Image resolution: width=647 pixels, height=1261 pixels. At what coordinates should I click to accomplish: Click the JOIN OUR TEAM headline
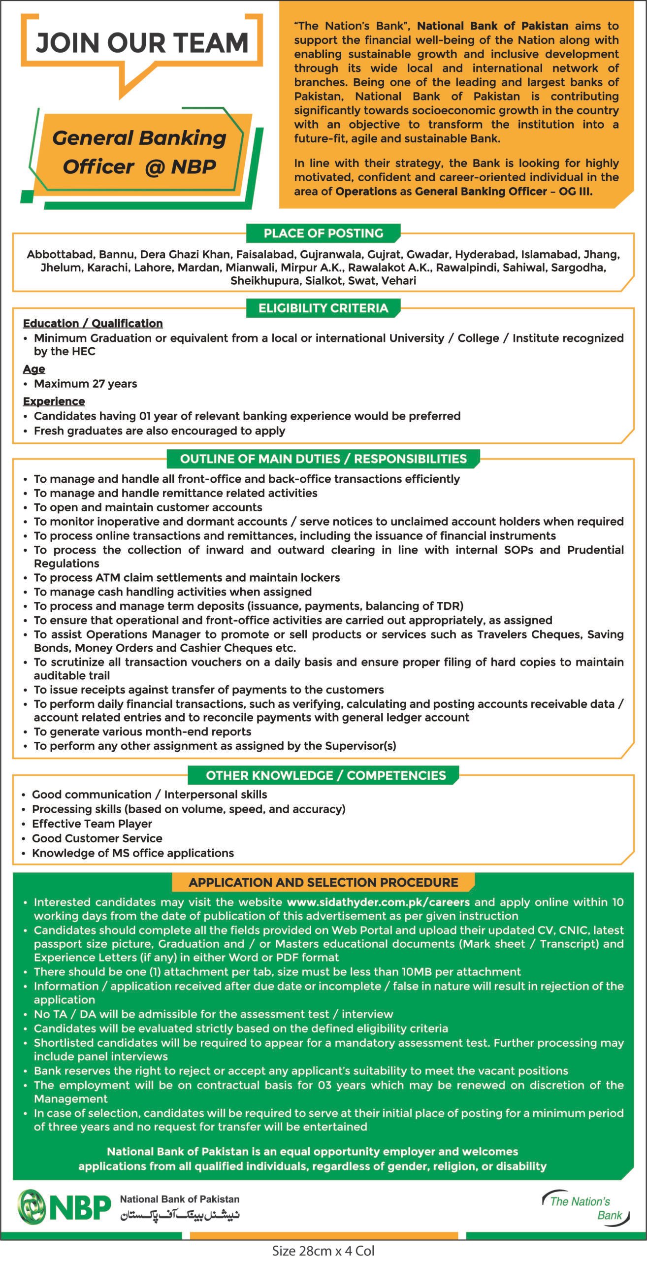click(142, 43)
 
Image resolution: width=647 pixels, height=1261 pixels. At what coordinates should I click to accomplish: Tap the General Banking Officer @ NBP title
click(139, 152)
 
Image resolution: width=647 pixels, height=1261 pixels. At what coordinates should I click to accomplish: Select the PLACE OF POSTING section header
click(323, 233)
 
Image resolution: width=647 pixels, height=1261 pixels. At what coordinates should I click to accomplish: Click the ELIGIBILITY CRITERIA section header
click(323, 308)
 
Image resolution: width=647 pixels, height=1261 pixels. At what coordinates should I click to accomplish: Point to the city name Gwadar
click(428, 255)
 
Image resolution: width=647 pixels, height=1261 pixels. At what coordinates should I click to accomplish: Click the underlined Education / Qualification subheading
click(93, 323)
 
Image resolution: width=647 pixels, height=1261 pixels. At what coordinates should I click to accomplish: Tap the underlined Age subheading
click(34, 369)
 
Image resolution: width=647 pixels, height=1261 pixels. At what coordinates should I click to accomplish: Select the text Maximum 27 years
click(85, 384)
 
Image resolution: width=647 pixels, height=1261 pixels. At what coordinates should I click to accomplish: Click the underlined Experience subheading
click(54, 401)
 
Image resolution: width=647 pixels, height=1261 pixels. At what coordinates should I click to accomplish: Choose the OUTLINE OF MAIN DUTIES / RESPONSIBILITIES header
click(323, 459)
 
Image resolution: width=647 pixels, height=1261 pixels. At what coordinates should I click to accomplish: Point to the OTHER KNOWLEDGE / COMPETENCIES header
click(325, 775)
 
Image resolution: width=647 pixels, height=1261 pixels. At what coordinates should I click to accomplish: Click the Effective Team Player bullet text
click(92, 824)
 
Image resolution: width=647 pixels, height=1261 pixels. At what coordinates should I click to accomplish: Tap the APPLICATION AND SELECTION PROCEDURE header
click(323, 882)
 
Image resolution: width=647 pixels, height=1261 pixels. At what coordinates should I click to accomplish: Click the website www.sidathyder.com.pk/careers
click(378, 902)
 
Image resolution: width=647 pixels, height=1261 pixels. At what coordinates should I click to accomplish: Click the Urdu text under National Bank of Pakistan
click(180, 1215)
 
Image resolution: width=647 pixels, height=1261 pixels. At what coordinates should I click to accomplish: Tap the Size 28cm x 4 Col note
click(323, 1251)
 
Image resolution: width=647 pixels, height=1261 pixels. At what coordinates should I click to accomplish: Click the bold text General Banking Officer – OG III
click(503, 191)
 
